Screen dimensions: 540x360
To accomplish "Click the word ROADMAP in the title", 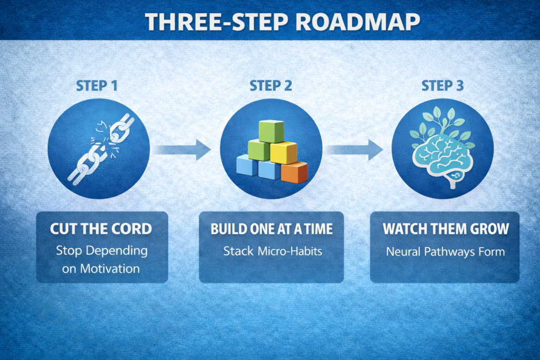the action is coord(358,22).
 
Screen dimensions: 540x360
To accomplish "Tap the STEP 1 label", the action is coord(97,86).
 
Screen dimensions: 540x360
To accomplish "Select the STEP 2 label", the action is coord(271,86).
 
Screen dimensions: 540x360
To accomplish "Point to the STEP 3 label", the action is coord(442,86).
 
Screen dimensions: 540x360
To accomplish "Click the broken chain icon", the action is coord(101,149).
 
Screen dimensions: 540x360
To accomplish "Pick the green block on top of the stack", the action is coord(272,131).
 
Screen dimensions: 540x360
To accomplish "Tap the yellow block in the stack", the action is coord(284,152).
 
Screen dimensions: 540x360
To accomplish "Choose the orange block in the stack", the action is coord(294,172).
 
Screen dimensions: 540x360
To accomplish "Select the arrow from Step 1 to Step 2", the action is coord(182,150).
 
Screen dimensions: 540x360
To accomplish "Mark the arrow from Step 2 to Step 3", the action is coord(354,150).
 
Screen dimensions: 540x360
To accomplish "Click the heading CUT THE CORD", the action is coord(101,229).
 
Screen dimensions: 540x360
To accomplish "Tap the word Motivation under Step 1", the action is coord(110,268).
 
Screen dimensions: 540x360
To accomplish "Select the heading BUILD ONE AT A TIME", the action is coord(272,229).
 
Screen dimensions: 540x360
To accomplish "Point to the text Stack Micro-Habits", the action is coord(273,251).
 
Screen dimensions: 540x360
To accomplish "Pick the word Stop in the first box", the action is coord(69,250).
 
